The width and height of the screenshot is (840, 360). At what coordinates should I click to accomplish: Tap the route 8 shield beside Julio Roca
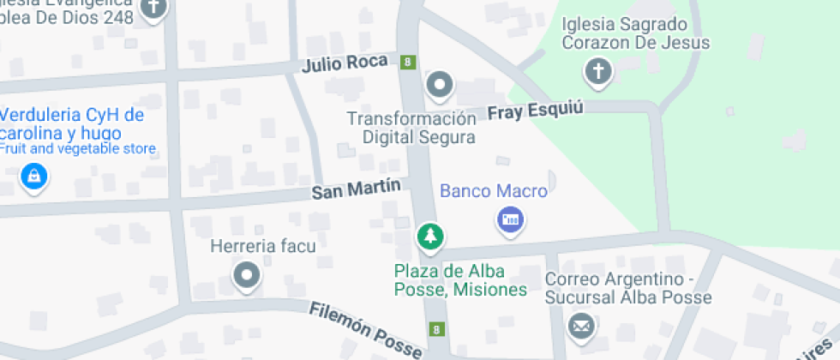[409, 61]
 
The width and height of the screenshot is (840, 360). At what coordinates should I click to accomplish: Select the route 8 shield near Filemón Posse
[438, 329]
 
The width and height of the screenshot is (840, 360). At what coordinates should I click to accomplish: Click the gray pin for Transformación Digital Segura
[441, 84]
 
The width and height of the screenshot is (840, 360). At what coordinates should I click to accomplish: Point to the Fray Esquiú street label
[535, 111]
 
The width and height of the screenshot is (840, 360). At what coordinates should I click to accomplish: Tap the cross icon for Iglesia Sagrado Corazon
[597, 70]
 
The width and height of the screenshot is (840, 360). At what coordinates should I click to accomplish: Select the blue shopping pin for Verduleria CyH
[33, 177]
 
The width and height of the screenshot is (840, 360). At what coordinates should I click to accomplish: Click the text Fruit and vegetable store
[78, 149]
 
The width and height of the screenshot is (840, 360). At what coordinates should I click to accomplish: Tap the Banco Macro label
[493, 191]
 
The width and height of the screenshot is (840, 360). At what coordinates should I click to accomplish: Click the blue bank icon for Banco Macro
[510, 220]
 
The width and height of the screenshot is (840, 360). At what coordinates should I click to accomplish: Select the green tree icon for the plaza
[430, 236]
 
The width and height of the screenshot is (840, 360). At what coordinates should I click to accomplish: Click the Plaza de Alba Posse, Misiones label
[460, 280]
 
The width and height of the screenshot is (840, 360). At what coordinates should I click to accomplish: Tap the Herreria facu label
[263, 247]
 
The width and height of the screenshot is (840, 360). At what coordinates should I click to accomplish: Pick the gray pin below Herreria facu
[247, 275]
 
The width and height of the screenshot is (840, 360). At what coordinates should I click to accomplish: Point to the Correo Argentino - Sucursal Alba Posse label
[628, 289]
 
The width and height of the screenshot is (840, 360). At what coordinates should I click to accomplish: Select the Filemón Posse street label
[366, 329]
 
